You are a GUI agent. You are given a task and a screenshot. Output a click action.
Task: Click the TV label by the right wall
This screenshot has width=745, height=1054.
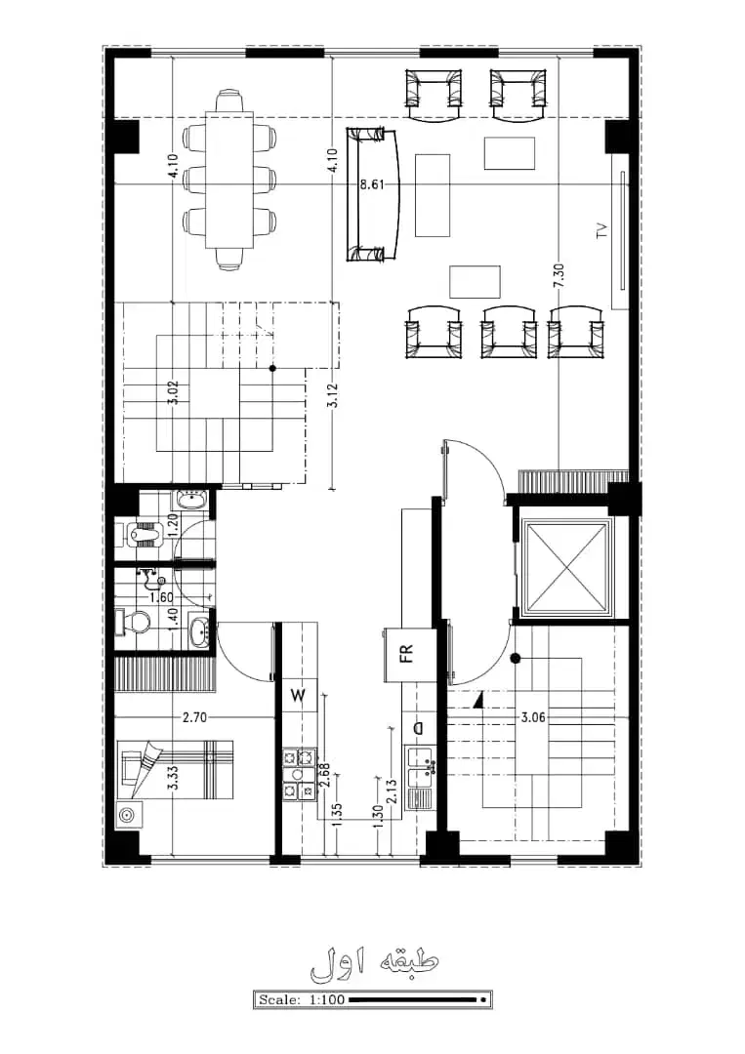pyautogui.click(x=601, y=230)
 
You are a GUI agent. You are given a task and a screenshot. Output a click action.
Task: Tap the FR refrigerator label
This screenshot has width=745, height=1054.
pyautogui.click(x=406, y=654)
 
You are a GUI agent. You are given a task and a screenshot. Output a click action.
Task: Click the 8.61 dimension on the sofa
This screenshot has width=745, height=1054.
pyautogui.click(x=372, y=184)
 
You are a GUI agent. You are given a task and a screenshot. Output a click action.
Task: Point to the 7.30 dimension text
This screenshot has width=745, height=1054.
pyautogui.click(x=559, y=276)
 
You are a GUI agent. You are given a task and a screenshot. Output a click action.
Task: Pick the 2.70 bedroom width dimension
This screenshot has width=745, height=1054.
pyautogui.click(x=194, y=717)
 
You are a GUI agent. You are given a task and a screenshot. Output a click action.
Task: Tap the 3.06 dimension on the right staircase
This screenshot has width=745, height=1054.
pyautogui.click(x=533, y=717)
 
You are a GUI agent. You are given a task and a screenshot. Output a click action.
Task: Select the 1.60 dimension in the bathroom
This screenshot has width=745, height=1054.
pyautogui.click(x=161, y=597)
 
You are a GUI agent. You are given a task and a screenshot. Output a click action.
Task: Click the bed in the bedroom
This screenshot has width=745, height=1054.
pyautogui.click(x=176, y=770)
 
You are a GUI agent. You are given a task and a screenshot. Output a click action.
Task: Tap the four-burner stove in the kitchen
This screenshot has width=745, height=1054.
pyautogui.click(x=299, y=774)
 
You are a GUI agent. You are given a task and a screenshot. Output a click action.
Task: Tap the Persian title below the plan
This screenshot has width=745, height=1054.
pyautogui.click(x=374, y=962)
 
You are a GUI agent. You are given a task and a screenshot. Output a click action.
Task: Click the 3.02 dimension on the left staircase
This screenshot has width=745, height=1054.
pyautogui.click(x=173, y=392)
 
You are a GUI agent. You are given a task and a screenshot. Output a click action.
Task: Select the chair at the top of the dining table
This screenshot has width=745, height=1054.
pyautogui.click(x=229, y=102)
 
